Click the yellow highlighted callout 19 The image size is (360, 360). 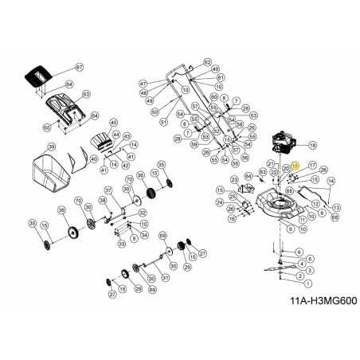[295, 165]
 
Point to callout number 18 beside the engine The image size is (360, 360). [312, 146]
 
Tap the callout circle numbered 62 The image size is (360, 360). [207, 61]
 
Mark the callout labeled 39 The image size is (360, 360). [50, 147]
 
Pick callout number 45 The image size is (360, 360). [114, 122]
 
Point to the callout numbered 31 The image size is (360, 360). [165, 277]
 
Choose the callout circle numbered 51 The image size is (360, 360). [163, 123]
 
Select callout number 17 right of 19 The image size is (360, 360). [312, 165]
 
